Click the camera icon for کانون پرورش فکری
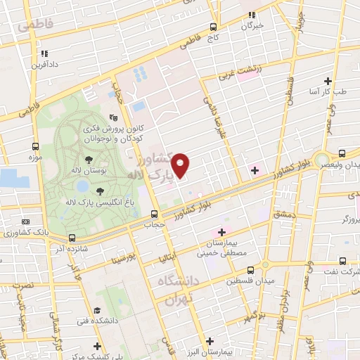pyautogui.click(x=114, y=119)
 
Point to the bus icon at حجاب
pyautogui.click(x=154, y=214)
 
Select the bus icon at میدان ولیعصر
pyautogui.click(x=342, y=153)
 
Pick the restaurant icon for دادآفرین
pyautogui.click(x=44, y=53)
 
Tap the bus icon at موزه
pyautogui.click(x=35, y=146)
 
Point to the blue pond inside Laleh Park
pyautogui.click(x=83, y=186)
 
